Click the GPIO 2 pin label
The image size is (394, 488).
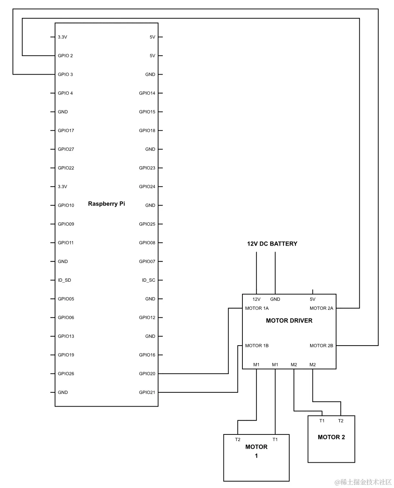tap(65, 56)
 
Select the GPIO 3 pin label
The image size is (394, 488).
tap(65, 75)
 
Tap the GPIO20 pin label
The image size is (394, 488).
tap(147, 374)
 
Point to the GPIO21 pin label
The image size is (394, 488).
tap(147, 392)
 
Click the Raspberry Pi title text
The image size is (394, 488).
tap(107, 204)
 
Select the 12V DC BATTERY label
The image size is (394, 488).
tap(272, 244)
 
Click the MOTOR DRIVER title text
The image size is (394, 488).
tap(289, 321)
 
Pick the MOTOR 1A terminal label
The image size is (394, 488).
tap(257, 308)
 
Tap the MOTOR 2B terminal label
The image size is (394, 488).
tap(321, 346)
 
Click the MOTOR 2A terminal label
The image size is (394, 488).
tap(321, 308)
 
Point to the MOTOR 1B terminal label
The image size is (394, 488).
tap(257, 346)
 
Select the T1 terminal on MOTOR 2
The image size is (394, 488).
tap(322, 421)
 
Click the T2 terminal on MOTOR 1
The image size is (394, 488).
tap(238, 439)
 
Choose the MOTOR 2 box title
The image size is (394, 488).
tap(331, 437)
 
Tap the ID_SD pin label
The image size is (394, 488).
tap(64, 280)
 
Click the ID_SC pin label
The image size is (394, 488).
tap(148, 280)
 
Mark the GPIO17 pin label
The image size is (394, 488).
tap(66, 131)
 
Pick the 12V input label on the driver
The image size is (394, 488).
tap(256, 299)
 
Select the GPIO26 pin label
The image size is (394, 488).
tap(66, 374)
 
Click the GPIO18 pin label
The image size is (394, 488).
tap(147, 131)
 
